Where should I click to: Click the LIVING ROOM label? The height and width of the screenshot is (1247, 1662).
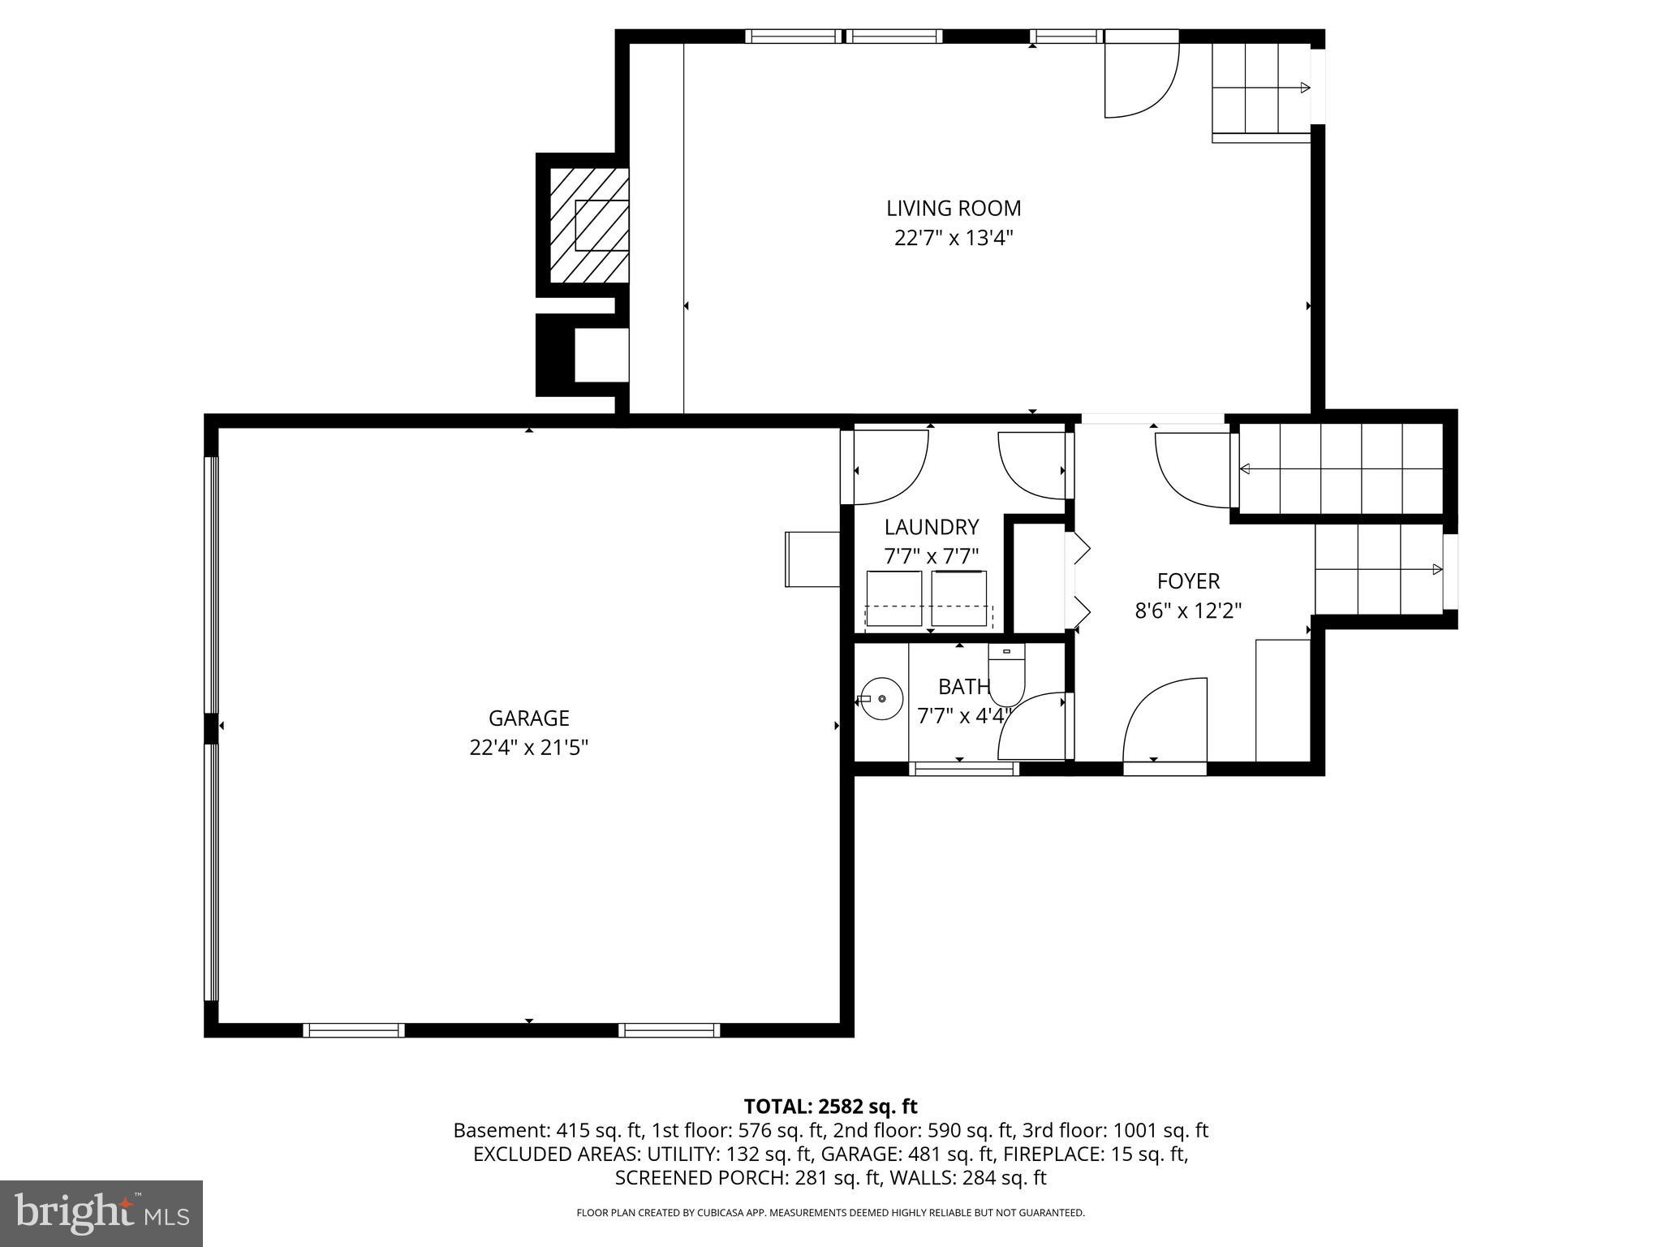coord(953,209)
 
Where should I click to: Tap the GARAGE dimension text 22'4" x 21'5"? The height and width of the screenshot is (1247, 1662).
coord(528,748)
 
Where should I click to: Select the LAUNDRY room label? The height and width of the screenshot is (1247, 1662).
coord(931,528)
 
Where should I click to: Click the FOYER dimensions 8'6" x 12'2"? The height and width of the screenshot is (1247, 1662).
coord(1188,611)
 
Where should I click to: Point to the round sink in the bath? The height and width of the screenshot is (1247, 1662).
coord(881,698)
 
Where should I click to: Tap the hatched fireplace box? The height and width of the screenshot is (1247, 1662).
coord(589,225)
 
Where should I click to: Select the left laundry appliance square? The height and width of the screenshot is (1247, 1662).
coord(893,598)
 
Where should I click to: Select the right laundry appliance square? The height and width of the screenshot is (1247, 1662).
coord(958,598)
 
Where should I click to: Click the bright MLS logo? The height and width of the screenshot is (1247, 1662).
coord(101,1213)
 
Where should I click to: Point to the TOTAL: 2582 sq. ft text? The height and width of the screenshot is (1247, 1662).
coord(830,1106)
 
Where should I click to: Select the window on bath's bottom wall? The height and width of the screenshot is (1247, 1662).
coord(962,768)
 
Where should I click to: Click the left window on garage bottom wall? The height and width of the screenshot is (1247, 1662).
coord(354,1029)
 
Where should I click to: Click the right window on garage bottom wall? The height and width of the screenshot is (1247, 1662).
coord(669,1029)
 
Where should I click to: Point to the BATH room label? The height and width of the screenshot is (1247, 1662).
coord(964,687)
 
